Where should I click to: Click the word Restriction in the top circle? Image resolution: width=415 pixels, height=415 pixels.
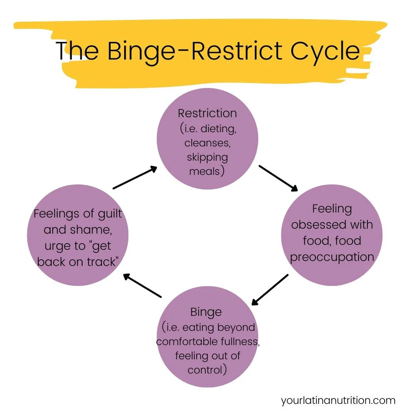(207, 113)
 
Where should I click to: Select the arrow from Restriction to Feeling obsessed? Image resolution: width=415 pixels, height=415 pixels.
(278, 178)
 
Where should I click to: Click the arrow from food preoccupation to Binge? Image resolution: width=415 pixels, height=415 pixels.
(270, 289)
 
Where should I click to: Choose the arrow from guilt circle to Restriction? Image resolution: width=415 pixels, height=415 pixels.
(135, 178)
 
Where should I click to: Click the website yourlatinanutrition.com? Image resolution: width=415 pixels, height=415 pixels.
(338, 400)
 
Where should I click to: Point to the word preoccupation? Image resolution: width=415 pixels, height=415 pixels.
(332, 257)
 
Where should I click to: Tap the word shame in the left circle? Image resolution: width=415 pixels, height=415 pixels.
(93, 229)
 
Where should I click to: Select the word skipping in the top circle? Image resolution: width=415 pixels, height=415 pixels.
(207, 157)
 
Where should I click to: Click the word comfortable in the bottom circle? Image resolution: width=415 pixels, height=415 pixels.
(186, 342)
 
